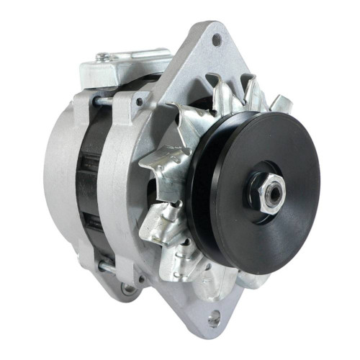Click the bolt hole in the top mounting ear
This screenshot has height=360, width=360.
point(216,40)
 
